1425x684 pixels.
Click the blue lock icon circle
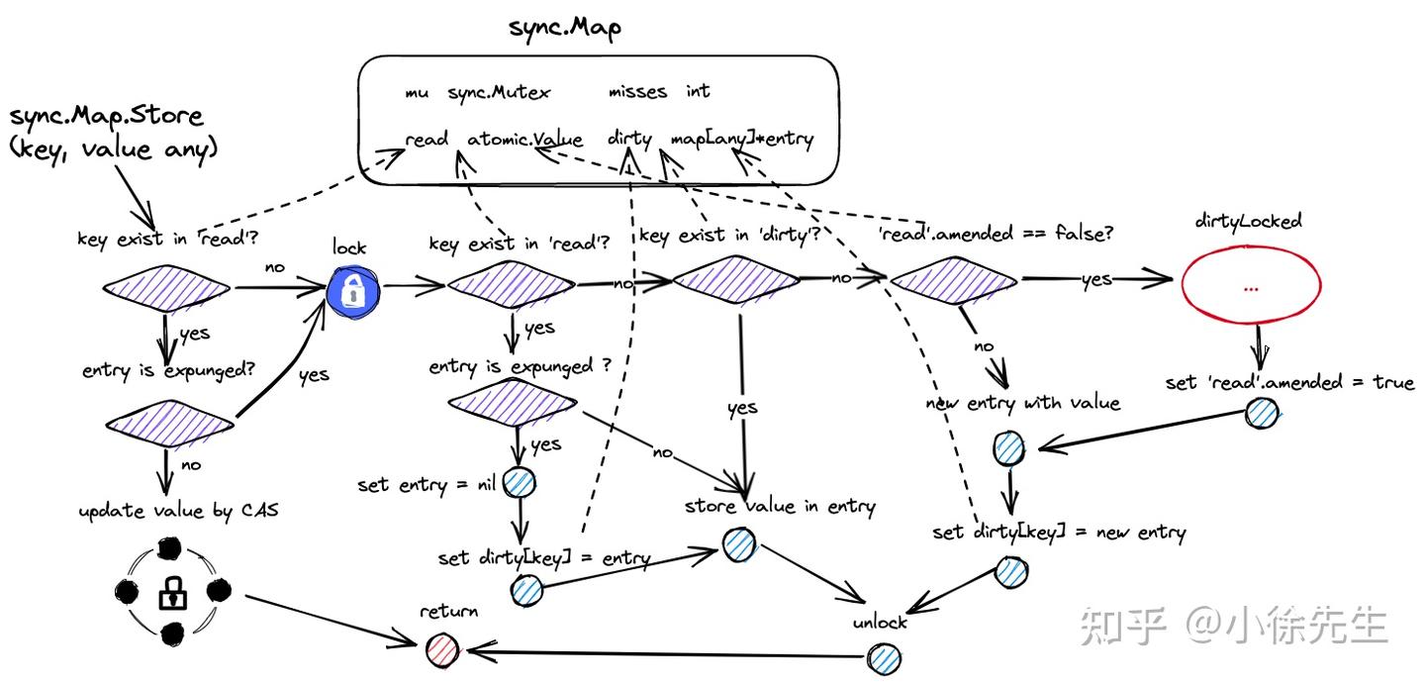tap(353, 289)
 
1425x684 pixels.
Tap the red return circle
tap(442, 649)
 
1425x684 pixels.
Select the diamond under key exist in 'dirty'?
tap(735, 280)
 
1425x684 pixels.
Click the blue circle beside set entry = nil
tap(520, 483)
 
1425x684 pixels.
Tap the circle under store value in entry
tap(738, 544)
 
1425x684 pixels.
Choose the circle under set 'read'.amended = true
tap(1262, 414)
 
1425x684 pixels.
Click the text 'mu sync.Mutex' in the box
tap(477, 92)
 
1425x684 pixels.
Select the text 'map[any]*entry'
tap(741, 140)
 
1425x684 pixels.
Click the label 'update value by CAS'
tap(178, 512)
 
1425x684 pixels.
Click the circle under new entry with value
tap(1008, 449)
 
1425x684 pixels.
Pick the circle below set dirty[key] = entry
tap(526, 591)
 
